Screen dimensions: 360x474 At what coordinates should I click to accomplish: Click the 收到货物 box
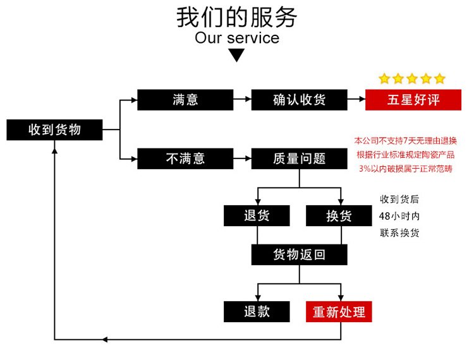click(54, 130)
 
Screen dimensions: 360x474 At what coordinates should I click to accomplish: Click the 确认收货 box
click(300, 100)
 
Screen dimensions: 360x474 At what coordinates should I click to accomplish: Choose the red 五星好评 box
click(413, 100)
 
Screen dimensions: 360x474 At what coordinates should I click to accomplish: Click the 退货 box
click(257, 216)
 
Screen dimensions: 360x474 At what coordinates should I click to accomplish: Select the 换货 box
click(338, 216)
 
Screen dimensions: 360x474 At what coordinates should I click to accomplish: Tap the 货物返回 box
click(300, 255)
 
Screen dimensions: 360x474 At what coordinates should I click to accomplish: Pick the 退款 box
click(257, 311)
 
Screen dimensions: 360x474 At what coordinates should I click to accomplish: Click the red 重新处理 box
click(338, 311)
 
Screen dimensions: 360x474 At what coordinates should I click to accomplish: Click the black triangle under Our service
click(236, 56)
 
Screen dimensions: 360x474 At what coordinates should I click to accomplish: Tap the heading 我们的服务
click(236, 17)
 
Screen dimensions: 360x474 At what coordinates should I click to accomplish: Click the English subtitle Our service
click(236, 38)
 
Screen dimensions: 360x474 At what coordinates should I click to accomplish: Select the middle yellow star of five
click(412, 79)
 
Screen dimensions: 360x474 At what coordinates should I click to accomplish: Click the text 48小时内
click(399, 216)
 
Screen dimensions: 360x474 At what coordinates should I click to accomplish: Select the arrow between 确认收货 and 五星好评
click(357, 100)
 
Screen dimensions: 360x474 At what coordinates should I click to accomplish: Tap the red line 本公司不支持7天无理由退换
click(410, 140)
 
